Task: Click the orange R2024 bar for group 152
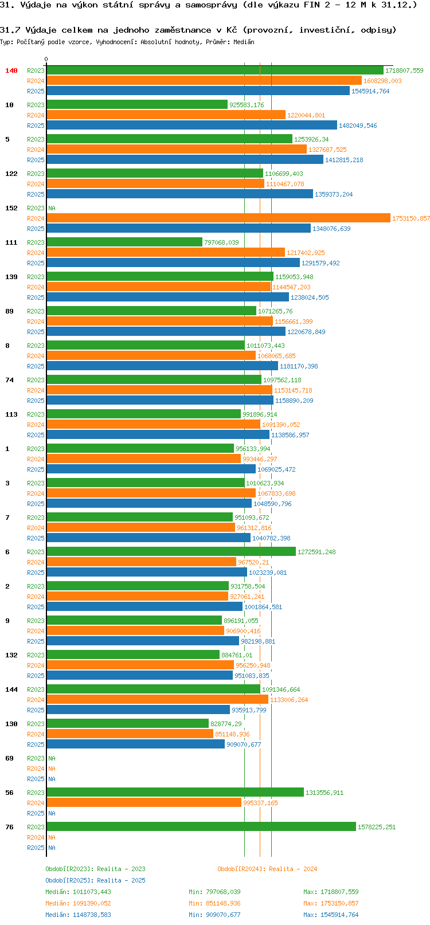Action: click(x=218, y=218)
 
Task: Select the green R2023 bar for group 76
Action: click(x=201, y=827)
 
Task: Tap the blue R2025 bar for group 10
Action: click(x=191, y=126)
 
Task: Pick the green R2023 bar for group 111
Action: click(x=124, y=242)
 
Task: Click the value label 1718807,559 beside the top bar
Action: click(x=404, y=70)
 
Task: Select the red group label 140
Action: click(x=11, y=70)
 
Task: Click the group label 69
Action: click(x=9, y=758)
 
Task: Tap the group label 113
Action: click(x=11, y=414)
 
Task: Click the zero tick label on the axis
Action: click(x=46, y=59)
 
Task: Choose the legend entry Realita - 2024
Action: click(x=267, y=869)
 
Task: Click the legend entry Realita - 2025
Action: click(x=95, y=880)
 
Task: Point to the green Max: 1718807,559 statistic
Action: click(x=331, y=892)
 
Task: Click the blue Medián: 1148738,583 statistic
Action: click(x=78, y=915)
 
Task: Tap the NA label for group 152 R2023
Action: click(x=52, y=208)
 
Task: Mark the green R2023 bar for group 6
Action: click(x=171, y=552)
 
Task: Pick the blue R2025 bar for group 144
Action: click(x=138, y=710)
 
